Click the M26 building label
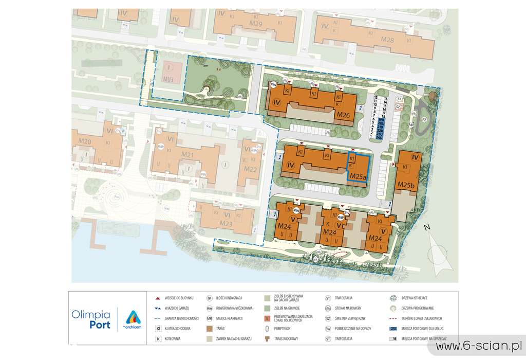pos(343,116)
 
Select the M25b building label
pos(406,185)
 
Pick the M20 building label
pos(85,142)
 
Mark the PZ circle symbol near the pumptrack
pos(425,119)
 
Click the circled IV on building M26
pos(277,102)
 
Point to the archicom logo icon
pos(133,317)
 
